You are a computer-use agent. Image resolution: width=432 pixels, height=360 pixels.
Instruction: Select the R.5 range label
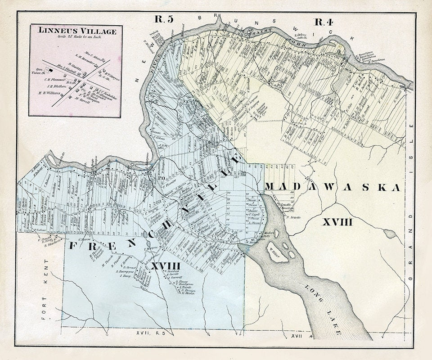(x=164, y=19)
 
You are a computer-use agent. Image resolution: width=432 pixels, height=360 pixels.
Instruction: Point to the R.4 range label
(x=323, y=21)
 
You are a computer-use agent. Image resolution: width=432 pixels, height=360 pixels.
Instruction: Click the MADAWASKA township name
(x=332, y=188)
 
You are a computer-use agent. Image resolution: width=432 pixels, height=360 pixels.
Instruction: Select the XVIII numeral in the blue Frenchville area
(x=166, y=266)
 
